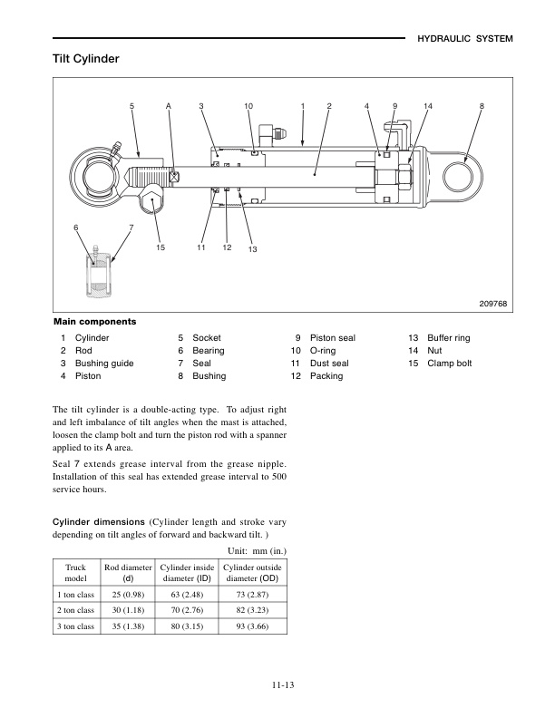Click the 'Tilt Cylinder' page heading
pos(86,59)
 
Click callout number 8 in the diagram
pos(482,107)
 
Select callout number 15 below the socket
pos(160,247)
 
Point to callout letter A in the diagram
pos(169,107)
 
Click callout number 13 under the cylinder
pos(252,249)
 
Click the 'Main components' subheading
pos(95,321)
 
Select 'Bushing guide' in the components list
pos(104,364)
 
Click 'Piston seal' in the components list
pos(333,338)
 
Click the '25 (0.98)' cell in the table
pos(128,594)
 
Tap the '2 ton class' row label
pos(75,610)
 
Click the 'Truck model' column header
pos(75,572)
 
